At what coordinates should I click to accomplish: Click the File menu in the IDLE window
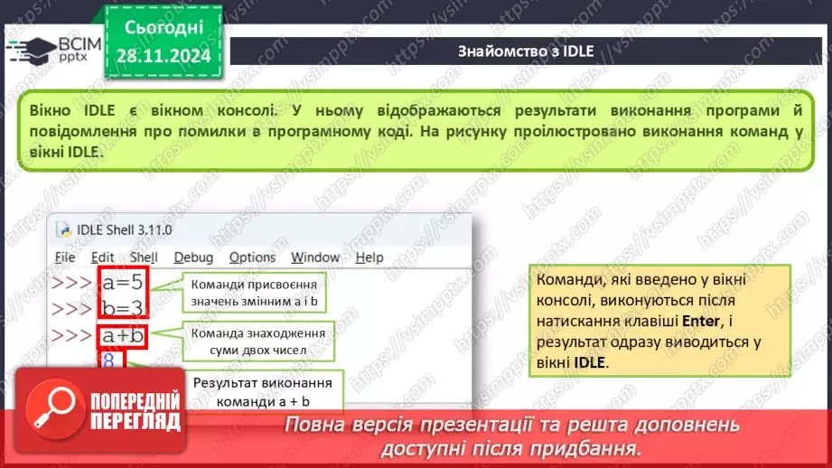[65, 257]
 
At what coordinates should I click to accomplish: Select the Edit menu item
[103, 257]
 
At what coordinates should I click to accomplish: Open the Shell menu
[144, 257]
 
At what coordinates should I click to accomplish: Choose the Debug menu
[193, 257]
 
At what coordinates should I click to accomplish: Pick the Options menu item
[252, 257]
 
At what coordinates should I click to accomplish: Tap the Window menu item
[315, 257]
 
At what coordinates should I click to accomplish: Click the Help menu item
[369, 257]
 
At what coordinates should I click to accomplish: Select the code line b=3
[122, 308]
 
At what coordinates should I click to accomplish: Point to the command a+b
[123, 337]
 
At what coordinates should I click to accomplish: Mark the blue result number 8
[108, 363]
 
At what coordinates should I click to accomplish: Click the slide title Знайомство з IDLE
[525, 51]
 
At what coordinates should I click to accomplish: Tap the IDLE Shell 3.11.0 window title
[119, 230]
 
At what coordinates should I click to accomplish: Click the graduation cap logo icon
[31, 50]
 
